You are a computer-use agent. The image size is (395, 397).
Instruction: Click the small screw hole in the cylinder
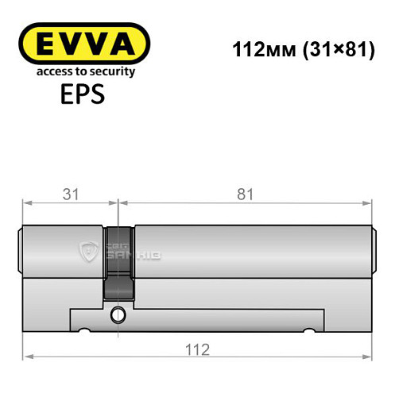pos(119,314)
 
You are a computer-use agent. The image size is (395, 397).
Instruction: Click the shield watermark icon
pos(87,253)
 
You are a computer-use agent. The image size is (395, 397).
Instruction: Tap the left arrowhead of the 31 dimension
pos(25,203)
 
